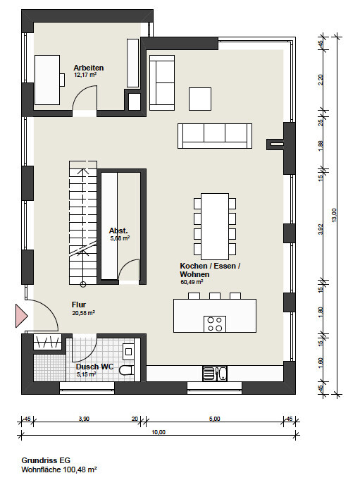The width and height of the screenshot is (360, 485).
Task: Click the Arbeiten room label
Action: [88, 68]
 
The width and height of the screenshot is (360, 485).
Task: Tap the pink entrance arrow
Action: [22, 316]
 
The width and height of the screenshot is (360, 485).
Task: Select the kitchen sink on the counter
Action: [215, 374]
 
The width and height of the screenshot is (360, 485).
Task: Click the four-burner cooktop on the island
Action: [215, 324]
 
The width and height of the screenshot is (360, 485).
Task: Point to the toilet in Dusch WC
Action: [127, 370]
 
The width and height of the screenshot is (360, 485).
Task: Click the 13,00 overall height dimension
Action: [334, 215]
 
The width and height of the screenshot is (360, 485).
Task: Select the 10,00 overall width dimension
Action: [159, 432]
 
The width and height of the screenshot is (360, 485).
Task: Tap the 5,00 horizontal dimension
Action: [214, 419]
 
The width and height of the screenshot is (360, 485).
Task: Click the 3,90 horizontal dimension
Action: [84, 419]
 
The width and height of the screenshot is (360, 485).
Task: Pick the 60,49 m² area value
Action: [192, 282]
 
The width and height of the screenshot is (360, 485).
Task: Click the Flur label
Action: [79, 305]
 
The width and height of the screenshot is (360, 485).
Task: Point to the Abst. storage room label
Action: [118, 231]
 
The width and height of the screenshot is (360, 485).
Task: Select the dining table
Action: [215, 226]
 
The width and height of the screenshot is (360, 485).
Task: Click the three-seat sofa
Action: [215, 136]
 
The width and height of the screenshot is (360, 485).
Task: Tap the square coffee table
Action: [200, 99]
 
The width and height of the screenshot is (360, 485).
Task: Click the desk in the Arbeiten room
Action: [47, 80]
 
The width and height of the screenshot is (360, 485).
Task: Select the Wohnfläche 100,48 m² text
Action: [59, 469]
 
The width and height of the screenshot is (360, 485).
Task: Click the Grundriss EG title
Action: [46, 460]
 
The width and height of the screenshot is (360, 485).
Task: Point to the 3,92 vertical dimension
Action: [321, 229]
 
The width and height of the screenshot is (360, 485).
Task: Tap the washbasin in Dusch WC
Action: [128, 352]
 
